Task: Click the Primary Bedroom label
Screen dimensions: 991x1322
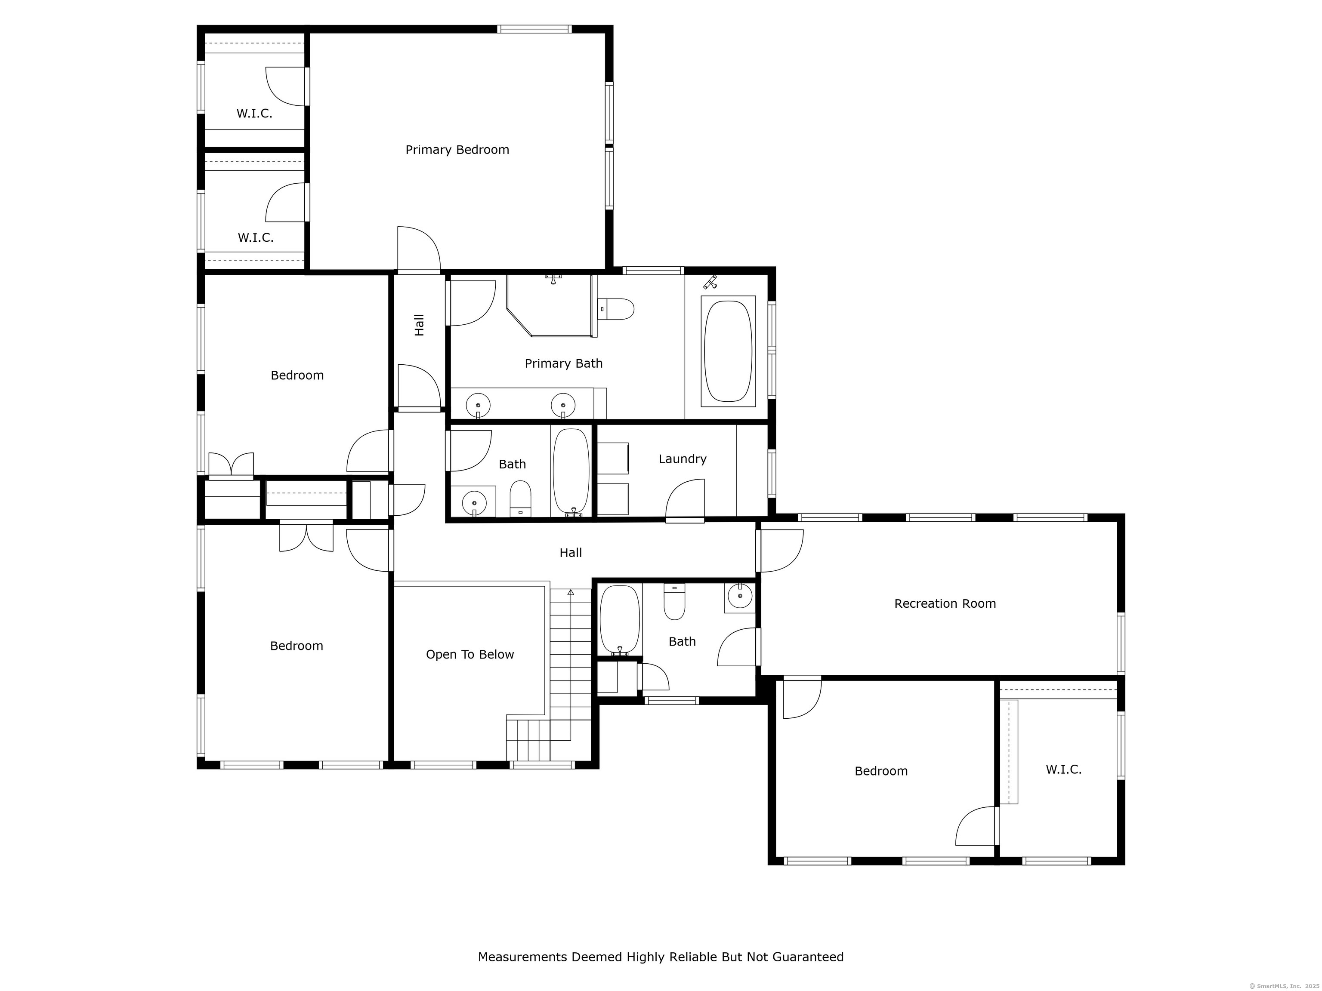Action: tap(457, 150)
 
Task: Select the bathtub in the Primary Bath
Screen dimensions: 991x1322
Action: tap(728, 351)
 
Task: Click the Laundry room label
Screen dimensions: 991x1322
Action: tap(683, 459)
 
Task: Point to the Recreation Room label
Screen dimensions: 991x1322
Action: tap(945, 603)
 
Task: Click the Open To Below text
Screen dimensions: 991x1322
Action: tap(470, 654)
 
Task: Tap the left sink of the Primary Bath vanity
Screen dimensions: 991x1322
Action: tap(478, 406)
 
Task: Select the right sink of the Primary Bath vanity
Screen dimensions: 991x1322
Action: tap(563, 406)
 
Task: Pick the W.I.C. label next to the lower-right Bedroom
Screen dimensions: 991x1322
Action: tap(1063, 769)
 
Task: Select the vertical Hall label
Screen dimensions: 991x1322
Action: tap(420, 325)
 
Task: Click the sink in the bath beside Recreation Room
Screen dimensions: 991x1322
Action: tap(740, 596)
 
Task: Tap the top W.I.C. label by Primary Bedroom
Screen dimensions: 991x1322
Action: tap(255, 114)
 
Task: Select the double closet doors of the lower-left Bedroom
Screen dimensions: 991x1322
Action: tap(306, 536)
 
